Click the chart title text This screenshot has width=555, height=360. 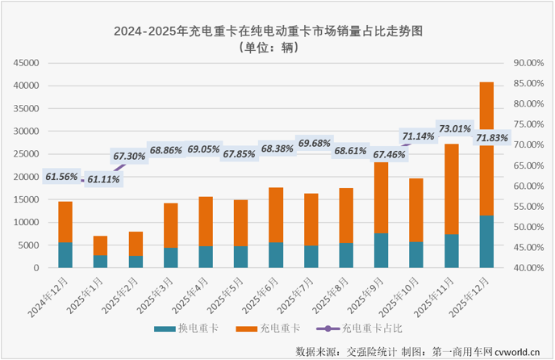coord(269,31)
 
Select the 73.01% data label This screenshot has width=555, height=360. coord(453,128)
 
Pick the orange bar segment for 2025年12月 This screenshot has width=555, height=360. coord(486,161)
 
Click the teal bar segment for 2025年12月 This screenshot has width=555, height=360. coord(486,241)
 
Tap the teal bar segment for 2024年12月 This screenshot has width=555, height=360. coord(65,254)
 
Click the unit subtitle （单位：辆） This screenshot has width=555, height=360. coord(269,48)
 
